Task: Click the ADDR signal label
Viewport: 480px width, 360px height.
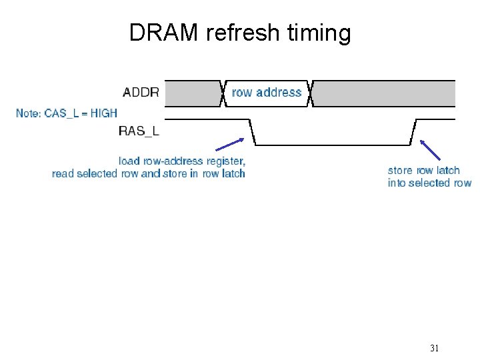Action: (x=141, y=93)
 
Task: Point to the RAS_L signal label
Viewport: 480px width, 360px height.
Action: (x=139, y=131)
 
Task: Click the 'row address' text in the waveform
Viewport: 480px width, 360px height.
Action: (x=267, y=93)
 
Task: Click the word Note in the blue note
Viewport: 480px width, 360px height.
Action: (x=28, y=113)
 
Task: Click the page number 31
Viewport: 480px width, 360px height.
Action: (x=435, y=348)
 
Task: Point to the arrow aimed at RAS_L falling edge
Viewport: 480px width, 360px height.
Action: (x=229, y=146)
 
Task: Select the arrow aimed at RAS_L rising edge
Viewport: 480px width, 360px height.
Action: (x=431, y=150)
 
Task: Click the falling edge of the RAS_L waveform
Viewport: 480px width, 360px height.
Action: (x=253, y=132)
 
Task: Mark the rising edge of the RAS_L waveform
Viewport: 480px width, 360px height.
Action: (x=413, y=132)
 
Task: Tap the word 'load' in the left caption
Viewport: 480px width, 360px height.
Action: (x=129, y=161)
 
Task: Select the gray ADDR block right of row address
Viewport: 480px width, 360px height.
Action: (x=384, y=93)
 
